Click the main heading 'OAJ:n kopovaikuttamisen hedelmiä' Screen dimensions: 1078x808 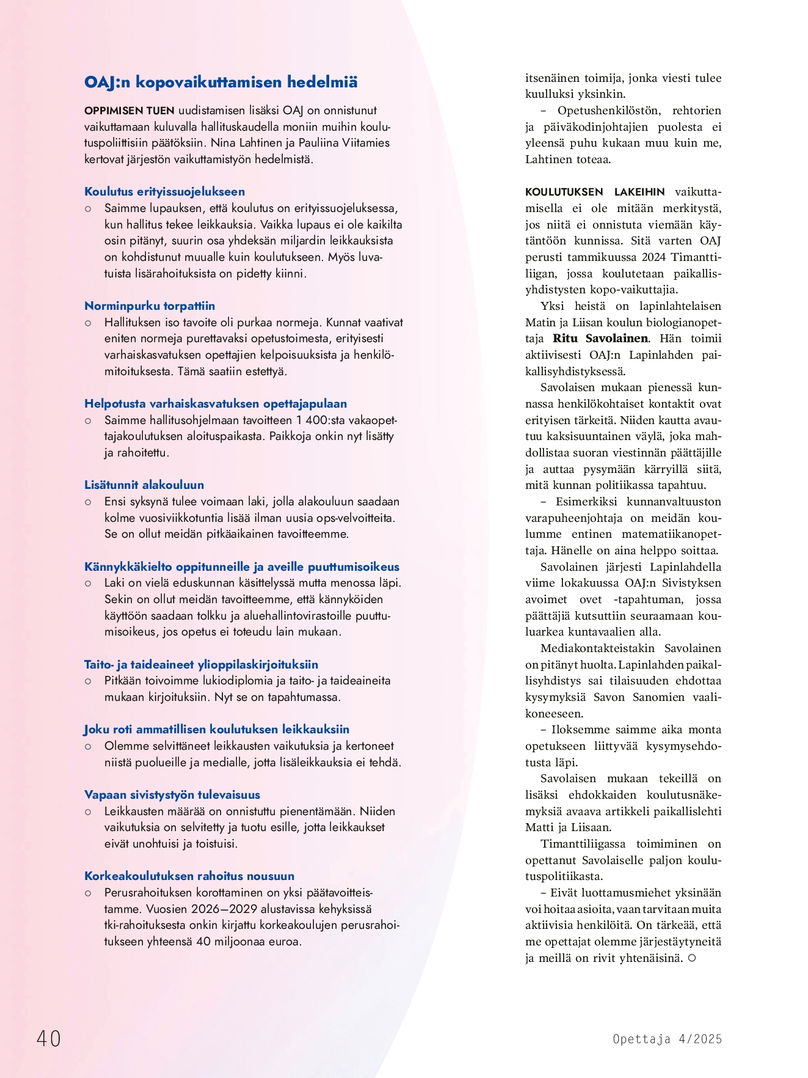click(220, 82)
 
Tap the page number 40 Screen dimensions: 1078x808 click(49, 1038)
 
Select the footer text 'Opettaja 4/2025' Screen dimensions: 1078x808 click(667, 1039)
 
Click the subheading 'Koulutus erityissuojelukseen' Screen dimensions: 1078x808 click(164, 192)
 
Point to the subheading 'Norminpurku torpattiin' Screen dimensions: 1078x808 click(150, 306)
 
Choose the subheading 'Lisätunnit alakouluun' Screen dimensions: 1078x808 click(144, 485)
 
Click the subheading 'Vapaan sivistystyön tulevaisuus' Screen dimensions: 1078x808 click(172, 795)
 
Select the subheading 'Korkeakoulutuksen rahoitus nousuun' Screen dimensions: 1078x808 click(189, 876)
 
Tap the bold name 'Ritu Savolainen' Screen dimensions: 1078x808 click(600, 339)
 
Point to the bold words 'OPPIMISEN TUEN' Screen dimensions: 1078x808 click(129, 111)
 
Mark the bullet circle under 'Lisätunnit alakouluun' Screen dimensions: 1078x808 click(88, 502)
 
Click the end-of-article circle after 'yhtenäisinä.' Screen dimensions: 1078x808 click(692, 958)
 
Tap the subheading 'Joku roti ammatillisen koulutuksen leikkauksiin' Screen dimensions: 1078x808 click(217, 730)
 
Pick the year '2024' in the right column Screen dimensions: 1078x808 click(653, 257)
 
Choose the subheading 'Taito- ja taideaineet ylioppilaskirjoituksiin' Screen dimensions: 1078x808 click(201, 665)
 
